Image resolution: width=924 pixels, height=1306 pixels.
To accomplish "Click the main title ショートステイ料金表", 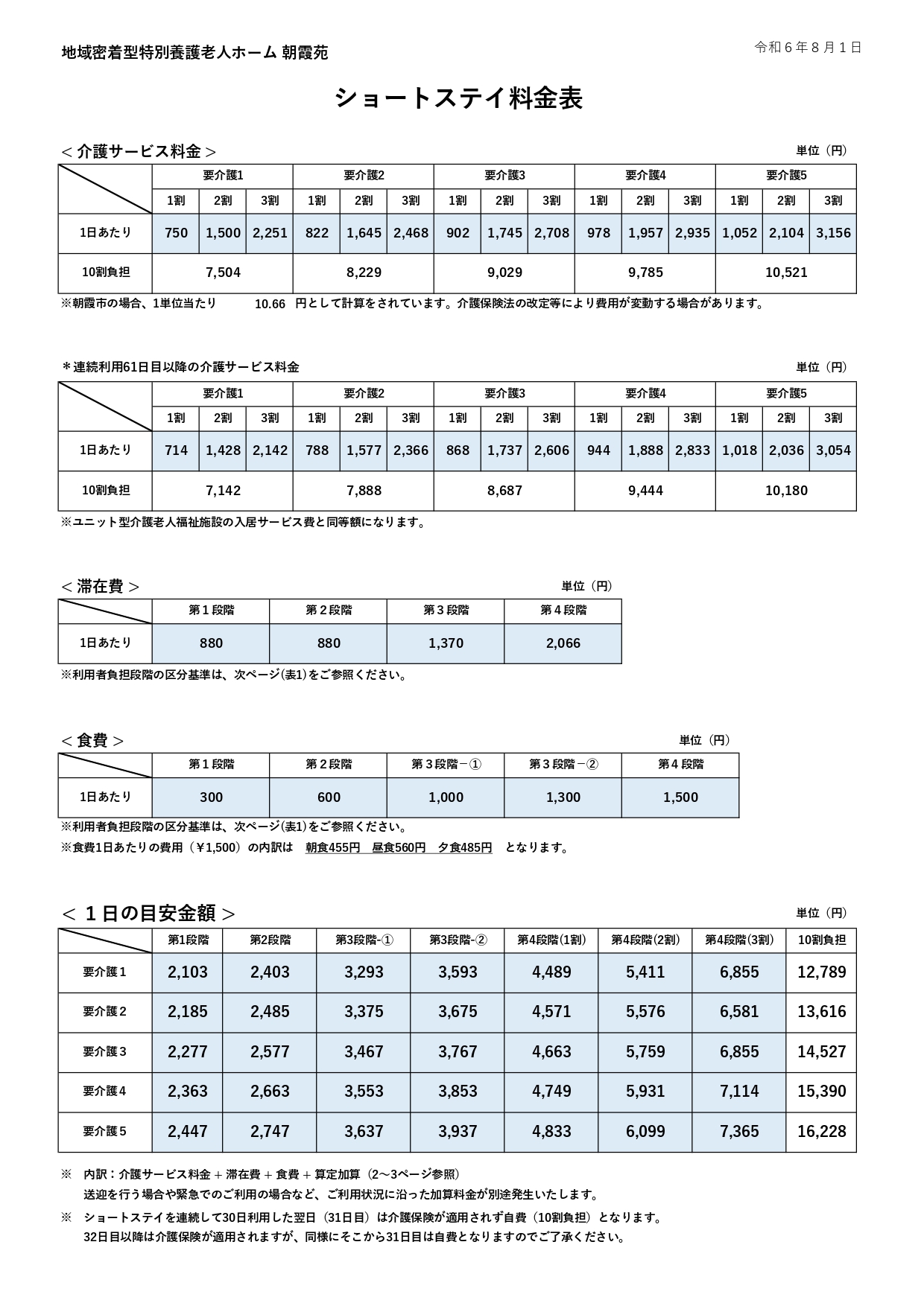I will click(458, 98).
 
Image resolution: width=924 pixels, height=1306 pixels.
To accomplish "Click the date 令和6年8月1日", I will click(808, 48).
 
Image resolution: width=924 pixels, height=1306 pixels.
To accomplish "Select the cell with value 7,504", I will click(223, 273).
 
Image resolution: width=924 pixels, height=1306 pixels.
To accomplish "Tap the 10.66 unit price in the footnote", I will click(270, 304).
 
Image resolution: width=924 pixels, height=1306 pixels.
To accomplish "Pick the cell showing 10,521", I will click(786, 273).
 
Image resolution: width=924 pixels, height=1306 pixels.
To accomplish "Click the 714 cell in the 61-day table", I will click(176, 450).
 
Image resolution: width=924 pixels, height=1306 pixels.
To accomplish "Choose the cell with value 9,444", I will click(645, 491).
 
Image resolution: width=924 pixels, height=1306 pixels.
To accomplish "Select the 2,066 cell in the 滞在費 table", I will click(563, 643).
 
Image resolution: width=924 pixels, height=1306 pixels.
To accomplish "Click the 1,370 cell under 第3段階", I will click(446, 643).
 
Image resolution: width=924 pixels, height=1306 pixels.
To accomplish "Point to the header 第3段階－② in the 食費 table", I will click(563, 765).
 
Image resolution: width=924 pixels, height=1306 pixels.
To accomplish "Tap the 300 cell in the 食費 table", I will click(211, 797).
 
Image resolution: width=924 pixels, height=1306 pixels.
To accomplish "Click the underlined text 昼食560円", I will click(399, 847).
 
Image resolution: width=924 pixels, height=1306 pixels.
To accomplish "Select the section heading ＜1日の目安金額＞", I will click(148, 913).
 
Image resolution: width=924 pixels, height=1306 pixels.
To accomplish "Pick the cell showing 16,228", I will click(821, 1132).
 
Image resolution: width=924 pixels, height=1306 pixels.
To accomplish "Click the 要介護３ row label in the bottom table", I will click(105, 1051).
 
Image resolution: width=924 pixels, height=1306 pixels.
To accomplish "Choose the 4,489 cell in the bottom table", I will click(551, 972).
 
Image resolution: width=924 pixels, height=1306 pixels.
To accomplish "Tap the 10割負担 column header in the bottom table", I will click(821, 940).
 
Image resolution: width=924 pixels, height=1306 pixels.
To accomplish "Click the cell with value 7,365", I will click(739, 1132).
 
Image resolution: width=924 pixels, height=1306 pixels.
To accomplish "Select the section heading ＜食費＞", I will click(92, 741).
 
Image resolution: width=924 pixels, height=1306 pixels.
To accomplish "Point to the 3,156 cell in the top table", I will click(833, 233).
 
